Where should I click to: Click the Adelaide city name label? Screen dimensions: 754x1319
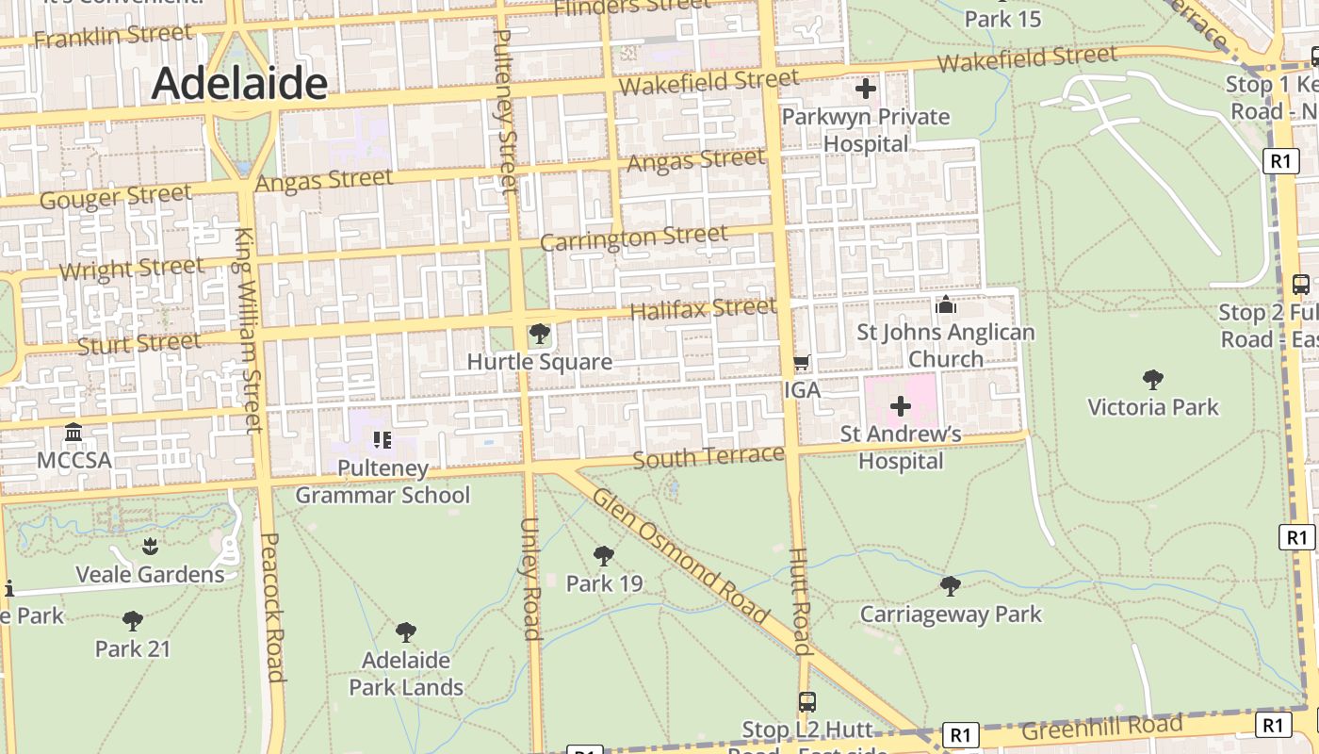tap(239, 83)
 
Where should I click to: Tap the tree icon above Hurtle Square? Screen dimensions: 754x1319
tap(540, 333)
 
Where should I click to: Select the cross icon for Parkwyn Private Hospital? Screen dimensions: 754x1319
tap(866, 90)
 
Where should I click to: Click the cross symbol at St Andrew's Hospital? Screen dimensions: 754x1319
tap(901, 406)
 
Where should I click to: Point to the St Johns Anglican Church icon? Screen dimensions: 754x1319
tap(945, 304)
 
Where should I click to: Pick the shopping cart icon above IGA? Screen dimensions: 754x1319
tap(802, 362)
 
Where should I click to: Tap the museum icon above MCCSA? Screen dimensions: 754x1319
tap(73, 433)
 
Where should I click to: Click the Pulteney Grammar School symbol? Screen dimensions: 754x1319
tap(382, 439)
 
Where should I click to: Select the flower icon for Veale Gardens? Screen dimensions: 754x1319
tap(150, 547)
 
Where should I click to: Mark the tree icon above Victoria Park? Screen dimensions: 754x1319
tap(1152, 380)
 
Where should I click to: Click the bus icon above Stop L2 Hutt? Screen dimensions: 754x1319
tap(807, 701)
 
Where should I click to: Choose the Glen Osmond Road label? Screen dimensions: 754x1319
tap(681, 557)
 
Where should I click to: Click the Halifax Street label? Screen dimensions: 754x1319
tap(703, 308)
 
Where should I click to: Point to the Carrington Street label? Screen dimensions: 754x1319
tap(633, 238)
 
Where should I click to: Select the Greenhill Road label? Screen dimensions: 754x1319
tap(1101, 728)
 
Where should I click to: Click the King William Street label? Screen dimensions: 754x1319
tap(248, 330)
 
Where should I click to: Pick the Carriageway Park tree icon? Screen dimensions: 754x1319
tap(951, 586)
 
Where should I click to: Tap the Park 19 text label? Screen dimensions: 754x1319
tap(604, 583)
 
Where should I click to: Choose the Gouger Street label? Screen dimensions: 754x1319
tap(115, 197)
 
